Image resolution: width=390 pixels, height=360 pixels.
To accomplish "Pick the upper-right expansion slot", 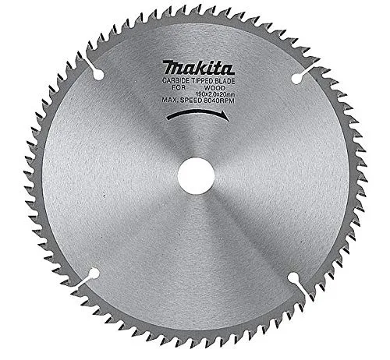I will click(x=297, y=76).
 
